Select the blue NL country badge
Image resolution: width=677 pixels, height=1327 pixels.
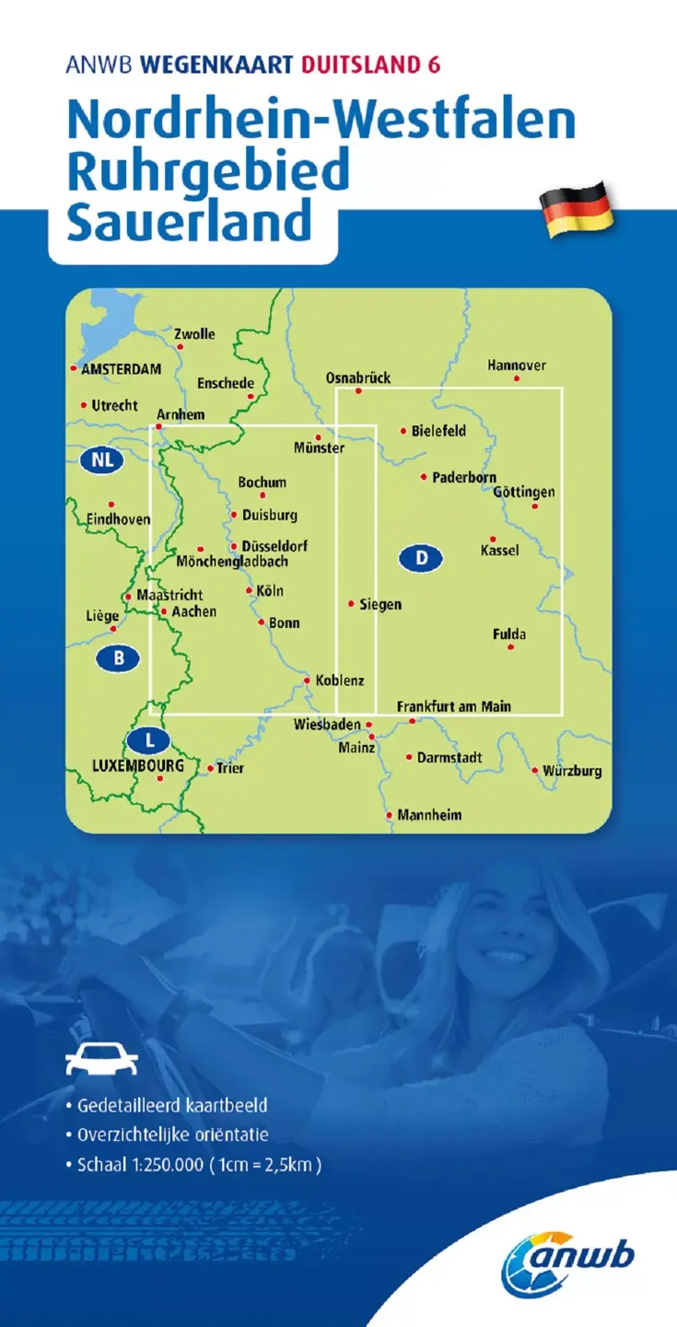click(x=101, y=460)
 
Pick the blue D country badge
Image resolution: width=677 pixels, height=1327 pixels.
click(x=421, y=557)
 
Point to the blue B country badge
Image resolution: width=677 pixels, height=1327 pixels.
click(x=118, y=658)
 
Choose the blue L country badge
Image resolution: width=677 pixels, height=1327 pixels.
click(x=149, y=739)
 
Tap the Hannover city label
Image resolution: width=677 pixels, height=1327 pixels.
click(x=517, y=366)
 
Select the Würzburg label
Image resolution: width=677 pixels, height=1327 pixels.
click(x=572, y=771)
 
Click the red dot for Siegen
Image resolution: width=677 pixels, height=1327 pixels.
click(x=351, y=604)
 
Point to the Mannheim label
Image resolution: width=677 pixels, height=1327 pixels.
click(x=429, y=815)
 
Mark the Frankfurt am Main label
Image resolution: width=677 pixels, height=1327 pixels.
click(x=453, y=706)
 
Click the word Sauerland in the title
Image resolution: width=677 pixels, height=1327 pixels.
click(x=188, y=223)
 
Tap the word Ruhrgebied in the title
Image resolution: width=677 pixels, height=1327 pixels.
click(x=209, y=171)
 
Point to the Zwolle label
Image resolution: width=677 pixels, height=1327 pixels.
click(x=194, y=334)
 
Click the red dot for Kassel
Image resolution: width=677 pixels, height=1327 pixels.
click(x=493, y=539)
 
